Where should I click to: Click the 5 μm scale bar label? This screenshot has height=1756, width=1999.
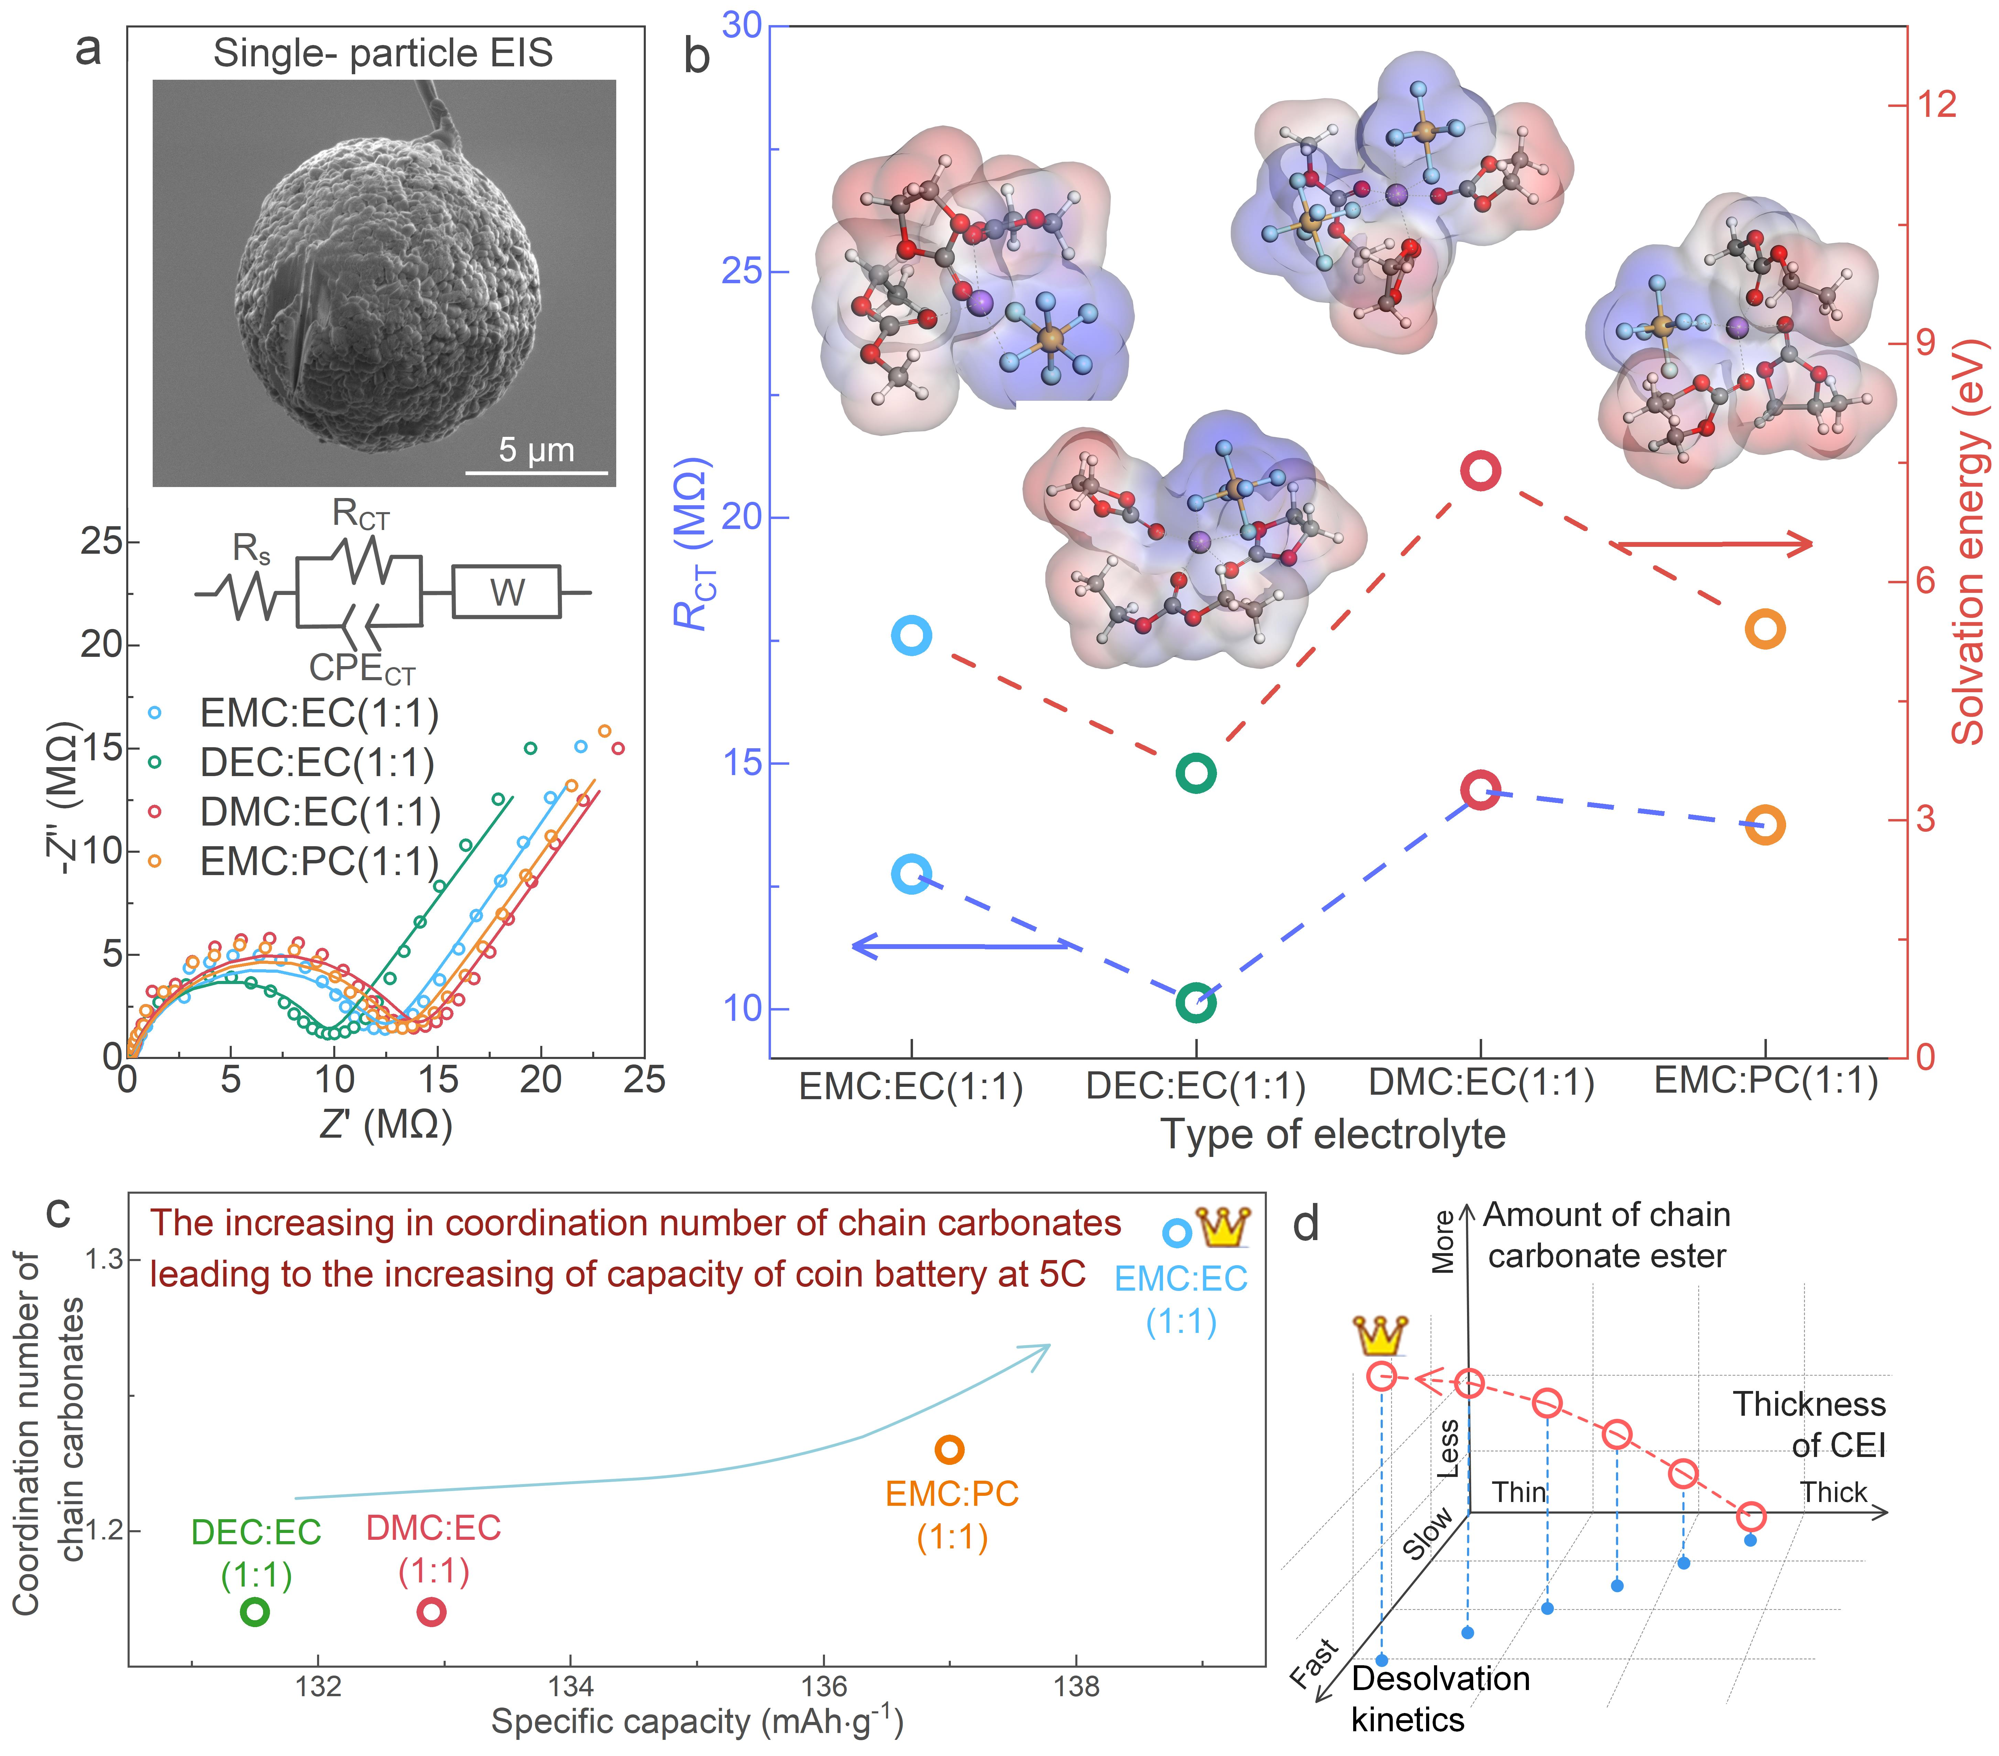point(536,450)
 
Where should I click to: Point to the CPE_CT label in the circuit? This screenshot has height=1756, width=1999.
point(362,669)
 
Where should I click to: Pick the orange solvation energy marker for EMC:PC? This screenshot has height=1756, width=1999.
point(1765,629)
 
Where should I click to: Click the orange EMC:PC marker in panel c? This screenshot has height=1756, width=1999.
point(949,1449)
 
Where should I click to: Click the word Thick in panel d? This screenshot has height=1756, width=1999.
point(1834,1492)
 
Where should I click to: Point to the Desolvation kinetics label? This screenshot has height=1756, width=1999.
point(1440,1698)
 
